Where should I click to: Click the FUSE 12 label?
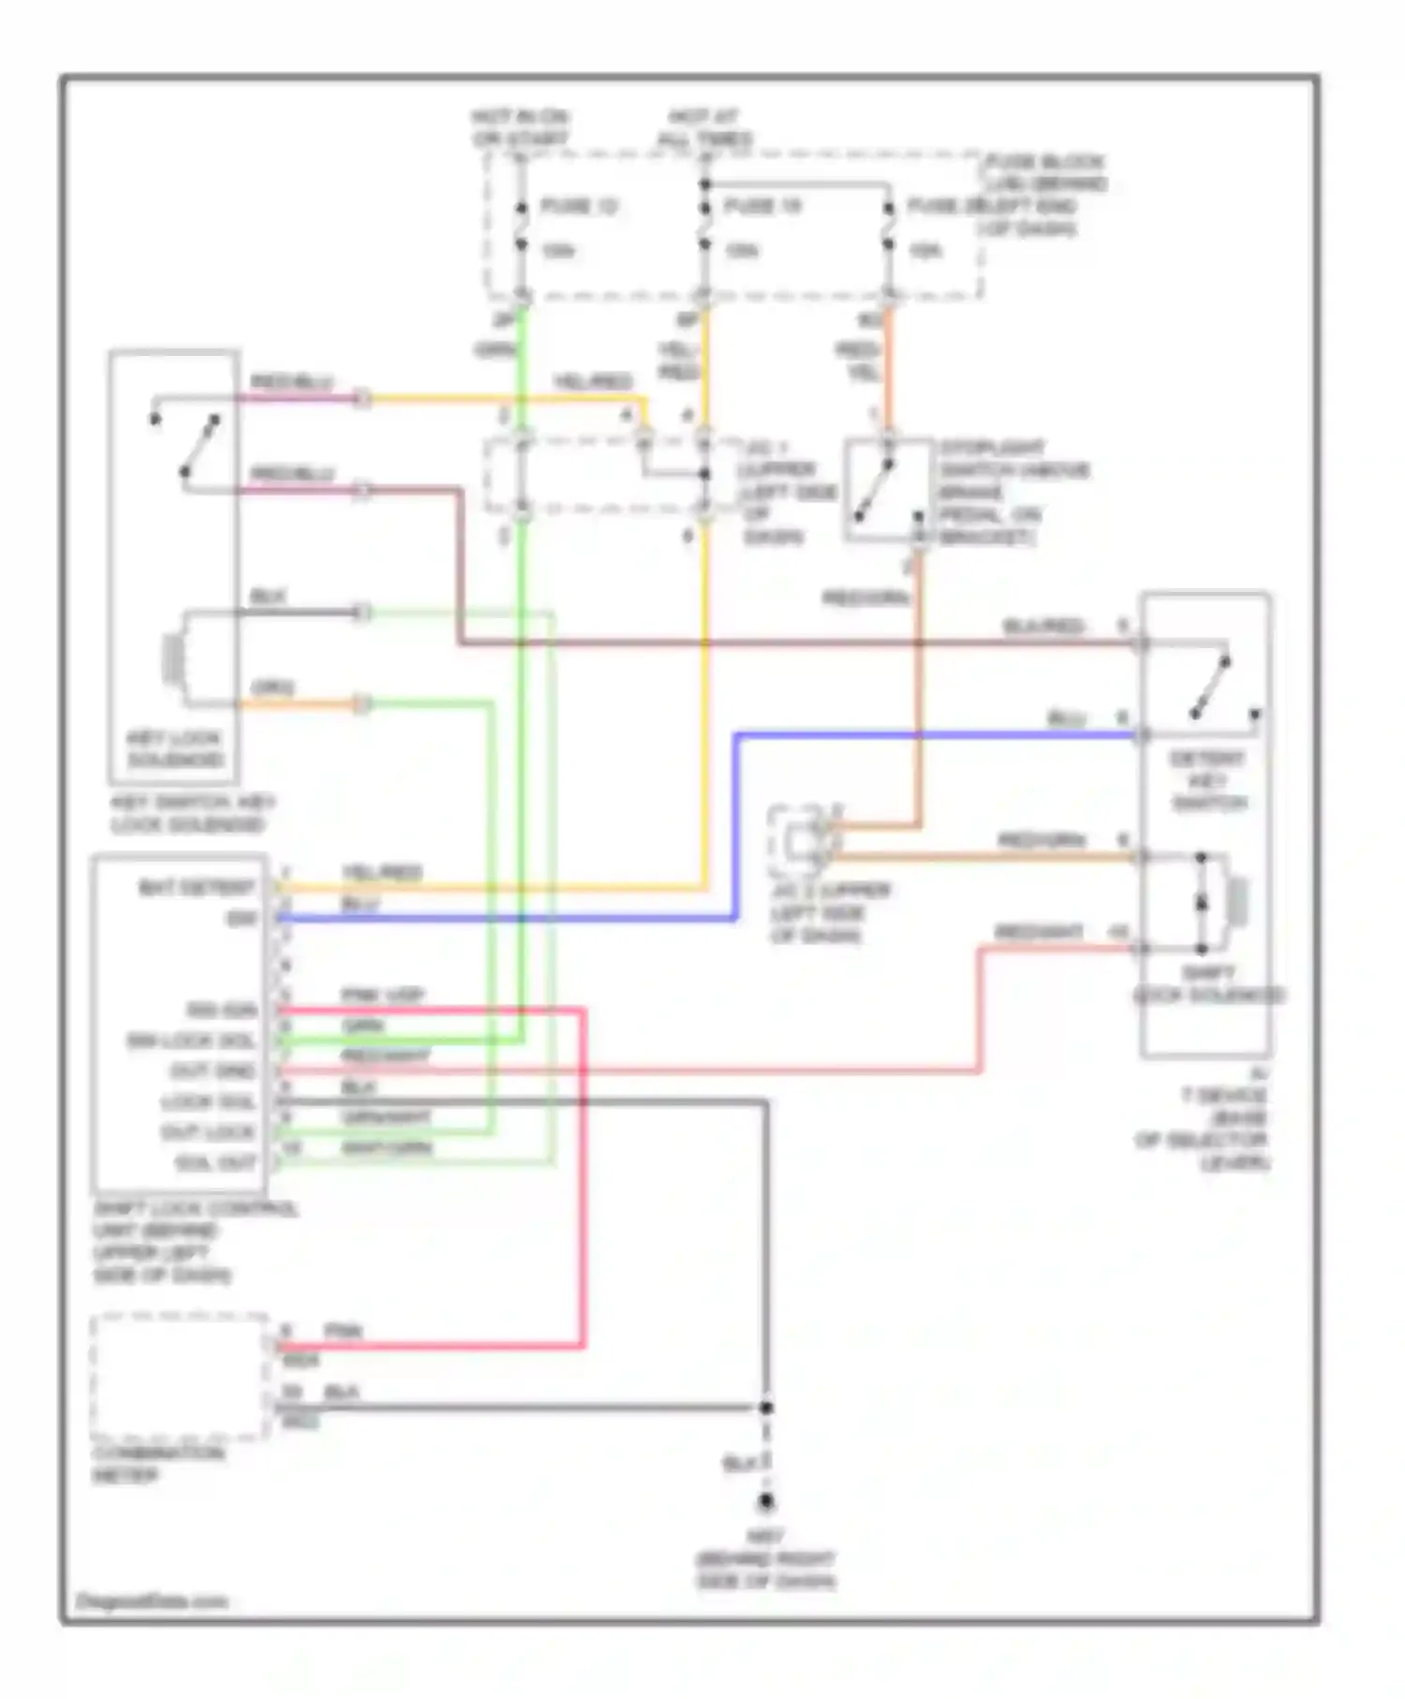[x=579, y=206]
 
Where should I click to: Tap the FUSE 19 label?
[x=762, y=206]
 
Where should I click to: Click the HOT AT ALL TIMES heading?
[x=704, y=128]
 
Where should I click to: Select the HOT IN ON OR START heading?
[x=520, y=128]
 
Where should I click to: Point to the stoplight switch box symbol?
[x=888, y=490]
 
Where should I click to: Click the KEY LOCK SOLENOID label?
[x=175, y=748]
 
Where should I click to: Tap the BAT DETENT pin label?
[x=197, y=887]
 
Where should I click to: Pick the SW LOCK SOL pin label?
[x=191, y=1041]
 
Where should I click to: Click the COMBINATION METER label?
[x=157, y=1464]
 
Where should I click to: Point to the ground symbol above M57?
[x=766, y=1502]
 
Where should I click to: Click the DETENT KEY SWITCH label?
[x=1207, y=780]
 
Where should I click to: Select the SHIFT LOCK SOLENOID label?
[x=1208, y=983]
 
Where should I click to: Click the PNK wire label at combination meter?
[x=343, y=1331]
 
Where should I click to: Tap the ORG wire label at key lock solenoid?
[x=272, y=688]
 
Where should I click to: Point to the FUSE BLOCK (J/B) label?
[x=1044, y=172]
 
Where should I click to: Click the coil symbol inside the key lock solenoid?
[x=173, y=658]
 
